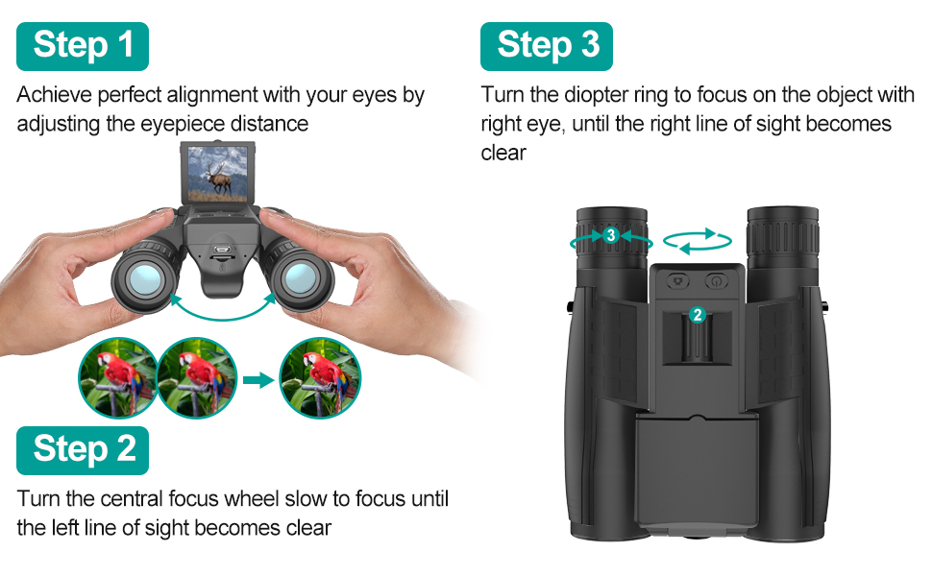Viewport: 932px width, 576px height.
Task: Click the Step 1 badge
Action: click(x=83, y=46)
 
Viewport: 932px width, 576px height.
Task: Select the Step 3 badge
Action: click(x=547, y=46)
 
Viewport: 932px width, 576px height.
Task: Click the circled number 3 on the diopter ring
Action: click(x=611, y=235)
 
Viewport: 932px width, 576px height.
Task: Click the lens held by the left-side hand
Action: click(x=145, y=277)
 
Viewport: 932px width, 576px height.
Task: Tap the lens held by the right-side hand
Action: click(x=300, y=277)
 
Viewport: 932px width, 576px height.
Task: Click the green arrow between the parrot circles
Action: click(x=258, y=380)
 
